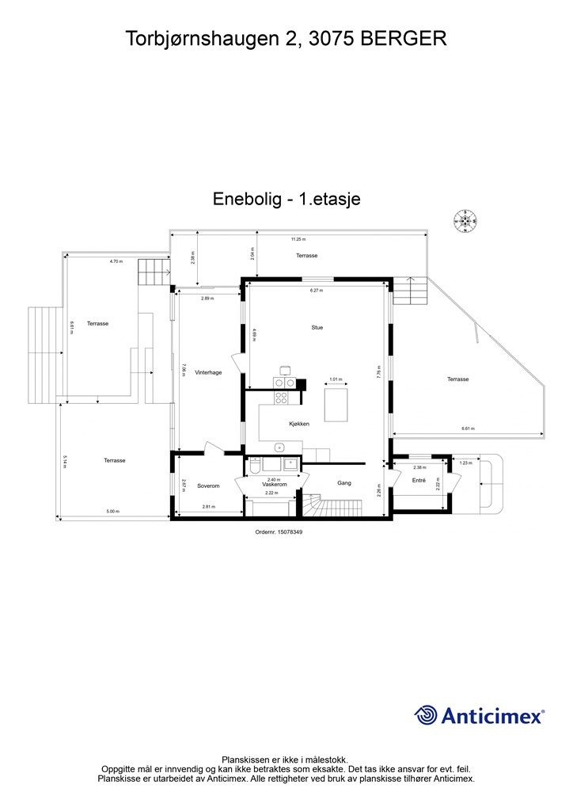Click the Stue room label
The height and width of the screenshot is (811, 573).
point(317,327)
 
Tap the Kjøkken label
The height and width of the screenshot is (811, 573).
point(298,425)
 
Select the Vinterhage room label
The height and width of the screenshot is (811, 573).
point(207,372)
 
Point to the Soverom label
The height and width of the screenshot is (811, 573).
point(208,485)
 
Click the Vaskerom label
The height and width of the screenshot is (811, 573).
point(274,484)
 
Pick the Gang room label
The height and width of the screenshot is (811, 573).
point(343,482)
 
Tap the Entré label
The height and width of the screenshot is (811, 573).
point(419,481)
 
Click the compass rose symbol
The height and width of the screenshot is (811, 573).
point(465,221)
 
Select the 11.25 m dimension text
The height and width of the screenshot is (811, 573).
point(298,238)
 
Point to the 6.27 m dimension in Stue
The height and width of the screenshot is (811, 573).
point(317,291)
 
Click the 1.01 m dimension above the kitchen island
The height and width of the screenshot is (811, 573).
point(334,379)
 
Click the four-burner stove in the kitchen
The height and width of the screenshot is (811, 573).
point(284,383)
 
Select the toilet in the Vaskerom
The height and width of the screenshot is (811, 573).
point(252,469)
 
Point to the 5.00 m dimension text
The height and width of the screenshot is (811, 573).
point(112,512)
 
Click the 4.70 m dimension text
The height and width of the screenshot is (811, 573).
point(116,261)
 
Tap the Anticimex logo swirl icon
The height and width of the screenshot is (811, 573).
point(427,715)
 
